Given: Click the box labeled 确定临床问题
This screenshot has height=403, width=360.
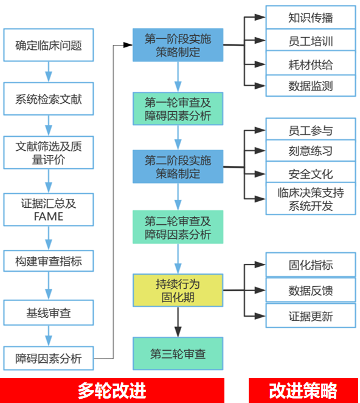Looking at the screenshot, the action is coord(49,45).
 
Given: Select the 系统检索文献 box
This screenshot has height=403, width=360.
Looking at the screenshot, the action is coord(49,99).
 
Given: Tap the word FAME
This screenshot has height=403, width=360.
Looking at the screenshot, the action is coord(49,216).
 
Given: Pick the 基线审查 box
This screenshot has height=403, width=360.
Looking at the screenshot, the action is coord(49,313).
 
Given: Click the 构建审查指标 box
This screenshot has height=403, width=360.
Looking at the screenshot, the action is coord(49,261).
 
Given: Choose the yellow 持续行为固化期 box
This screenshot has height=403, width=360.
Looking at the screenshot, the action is coord(178,291).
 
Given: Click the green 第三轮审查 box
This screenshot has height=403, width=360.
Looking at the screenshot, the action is coord(178,354).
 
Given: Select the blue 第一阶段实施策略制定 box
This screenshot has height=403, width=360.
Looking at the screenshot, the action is coord(178,45).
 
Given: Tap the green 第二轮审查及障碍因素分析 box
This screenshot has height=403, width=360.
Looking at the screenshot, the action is coord(178,227).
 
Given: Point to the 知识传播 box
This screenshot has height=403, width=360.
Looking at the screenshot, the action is coord(311,18).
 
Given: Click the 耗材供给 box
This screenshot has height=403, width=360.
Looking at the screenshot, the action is coord(311,64).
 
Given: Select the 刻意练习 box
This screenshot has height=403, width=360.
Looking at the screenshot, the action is coord(311,151).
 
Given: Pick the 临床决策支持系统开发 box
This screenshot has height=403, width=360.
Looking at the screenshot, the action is coord(311,199).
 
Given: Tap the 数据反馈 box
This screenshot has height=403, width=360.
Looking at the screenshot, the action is coord(311,291).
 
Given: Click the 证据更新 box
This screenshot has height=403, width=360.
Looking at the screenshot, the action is coord(311,316).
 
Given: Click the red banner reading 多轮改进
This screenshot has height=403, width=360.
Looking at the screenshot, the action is coord(112,391).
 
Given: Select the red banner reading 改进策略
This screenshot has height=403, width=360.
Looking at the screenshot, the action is coord(303,391).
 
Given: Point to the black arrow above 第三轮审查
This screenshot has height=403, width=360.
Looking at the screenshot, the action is coord(178,322).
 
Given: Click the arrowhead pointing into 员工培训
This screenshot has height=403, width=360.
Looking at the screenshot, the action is coord(260,40).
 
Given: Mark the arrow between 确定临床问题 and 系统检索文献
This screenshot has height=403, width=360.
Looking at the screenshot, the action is coord(49,72).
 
